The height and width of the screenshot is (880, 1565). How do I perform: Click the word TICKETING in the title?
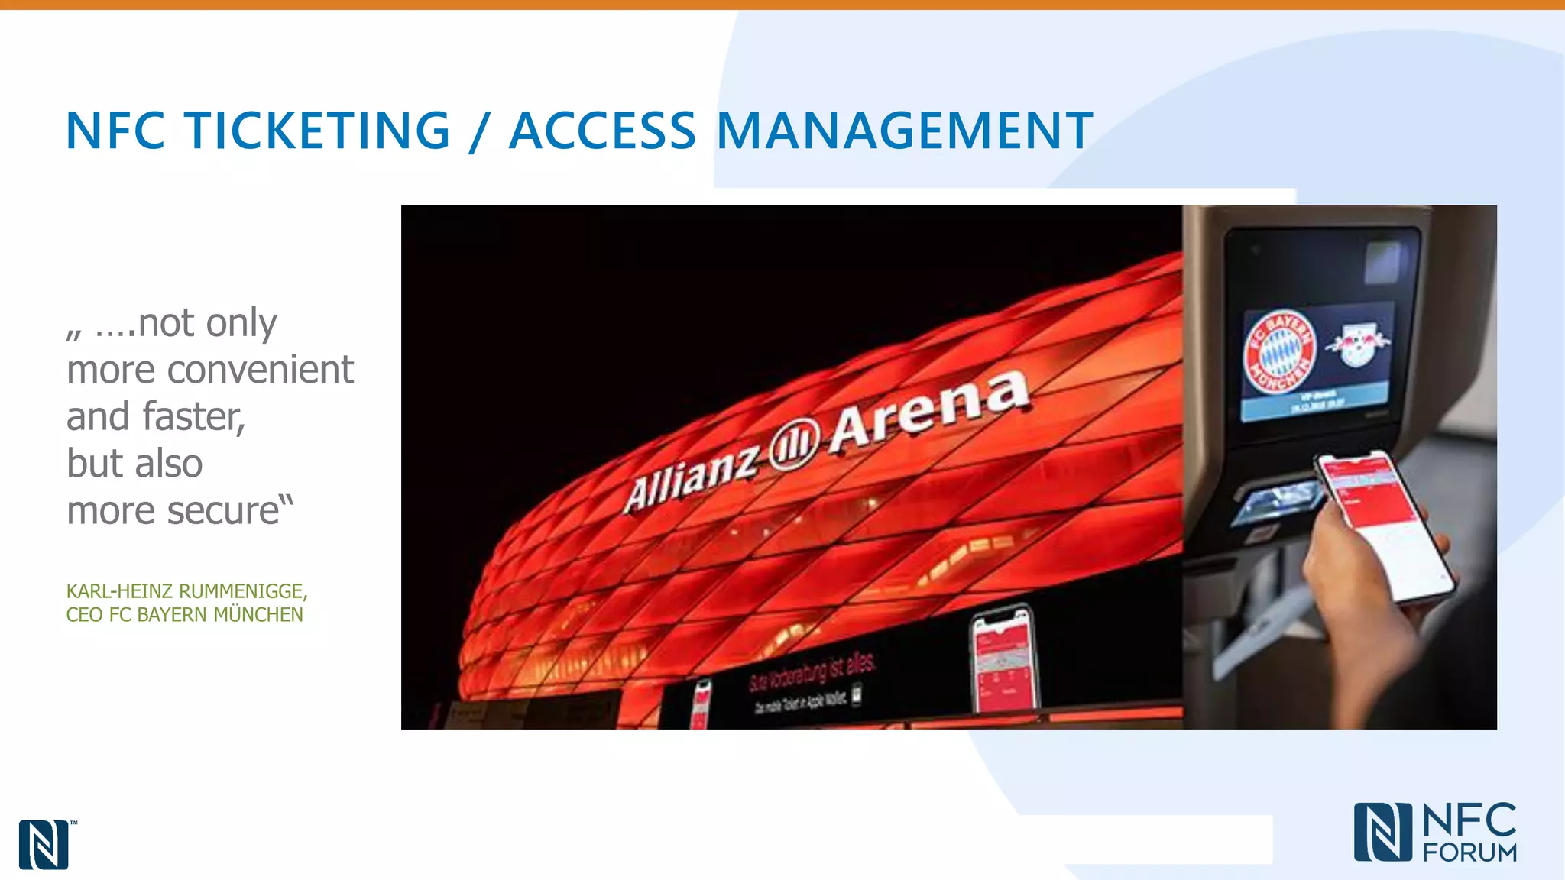[x=317, y=131]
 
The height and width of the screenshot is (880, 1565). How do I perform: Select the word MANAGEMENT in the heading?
[x=905, y=131]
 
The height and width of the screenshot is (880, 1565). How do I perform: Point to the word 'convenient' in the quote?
[x=260, y=370]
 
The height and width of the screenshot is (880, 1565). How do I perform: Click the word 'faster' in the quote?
[x=193, y=417]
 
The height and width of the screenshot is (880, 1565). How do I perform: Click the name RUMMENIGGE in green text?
[x=242, y=591]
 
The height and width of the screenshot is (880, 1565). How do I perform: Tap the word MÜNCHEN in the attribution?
[x=258, y=615]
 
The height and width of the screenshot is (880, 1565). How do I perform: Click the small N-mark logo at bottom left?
[x=44, y=845]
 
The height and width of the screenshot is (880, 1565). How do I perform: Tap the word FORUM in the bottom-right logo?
[x=1469, y=852]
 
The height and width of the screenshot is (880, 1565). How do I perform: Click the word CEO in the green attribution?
[x=83, y=615]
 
